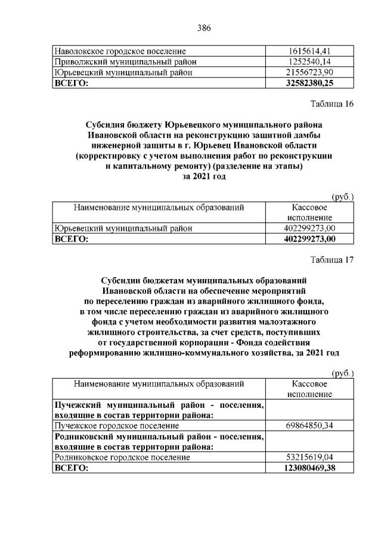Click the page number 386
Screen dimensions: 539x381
click(204, 27)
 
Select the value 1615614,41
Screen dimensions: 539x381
click(309, 51)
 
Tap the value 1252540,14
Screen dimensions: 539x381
click(309, 62)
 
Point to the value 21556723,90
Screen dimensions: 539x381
click(309, 73)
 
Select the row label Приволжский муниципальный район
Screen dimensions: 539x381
click(125, 62)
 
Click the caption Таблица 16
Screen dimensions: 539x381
click(332, 104)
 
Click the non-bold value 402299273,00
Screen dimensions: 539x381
click(309, 228)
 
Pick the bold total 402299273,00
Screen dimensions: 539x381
click(309, 239)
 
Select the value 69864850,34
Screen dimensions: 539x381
click(309, 426)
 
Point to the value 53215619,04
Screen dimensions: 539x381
click(309, 457)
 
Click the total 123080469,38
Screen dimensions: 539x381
click(309, 468)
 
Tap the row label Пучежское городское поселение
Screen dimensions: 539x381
click(116, 426)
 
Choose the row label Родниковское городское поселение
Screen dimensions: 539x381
click(122, 457)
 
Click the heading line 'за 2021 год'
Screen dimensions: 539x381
click(204, 176)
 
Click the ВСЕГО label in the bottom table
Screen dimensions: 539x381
click(71, 468)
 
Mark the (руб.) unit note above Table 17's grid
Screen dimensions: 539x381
click(342, 373)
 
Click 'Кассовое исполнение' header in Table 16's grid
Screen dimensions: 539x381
click(309, 213)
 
